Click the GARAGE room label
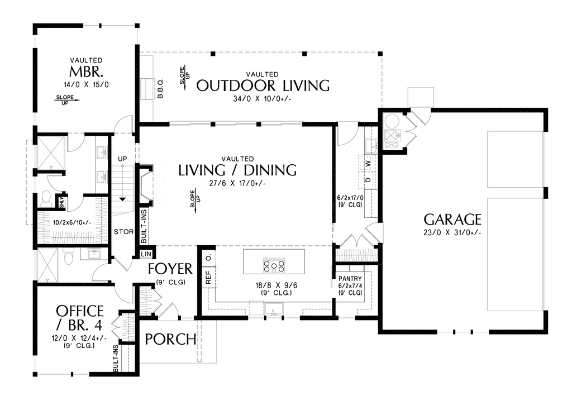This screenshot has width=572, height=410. (452, 219)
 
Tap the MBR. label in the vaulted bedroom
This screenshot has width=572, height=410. (86, 73)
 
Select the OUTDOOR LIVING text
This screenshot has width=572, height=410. (263, 85)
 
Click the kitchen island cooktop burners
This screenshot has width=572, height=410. (274, 266)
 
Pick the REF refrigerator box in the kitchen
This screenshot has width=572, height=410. (209, 278)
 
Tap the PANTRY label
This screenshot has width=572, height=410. (350, 278)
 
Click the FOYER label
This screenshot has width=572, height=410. (170, 269)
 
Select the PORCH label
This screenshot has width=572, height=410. (170, 339)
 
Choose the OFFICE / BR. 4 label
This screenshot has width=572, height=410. (79, 318)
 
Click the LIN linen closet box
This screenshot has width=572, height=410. (146, 254)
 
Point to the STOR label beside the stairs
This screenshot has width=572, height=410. (123, 231)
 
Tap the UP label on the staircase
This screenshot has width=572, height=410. (122, 160)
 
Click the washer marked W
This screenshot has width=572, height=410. (368, 164)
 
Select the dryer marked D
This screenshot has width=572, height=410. (368, 180)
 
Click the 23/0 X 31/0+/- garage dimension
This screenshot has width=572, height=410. (452, 233)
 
